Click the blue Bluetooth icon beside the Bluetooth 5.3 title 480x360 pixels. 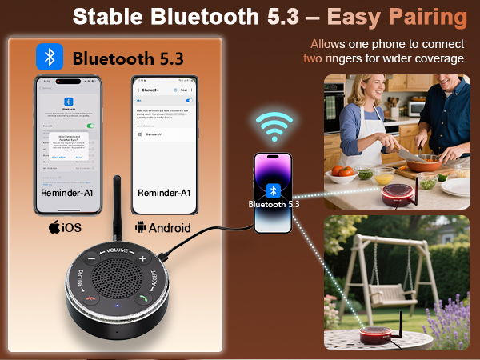click(50, 57)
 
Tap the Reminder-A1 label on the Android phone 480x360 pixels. click(164, 194)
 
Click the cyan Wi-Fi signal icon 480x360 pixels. click(273, 126)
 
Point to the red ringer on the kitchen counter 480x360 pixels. click(400, 194)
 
